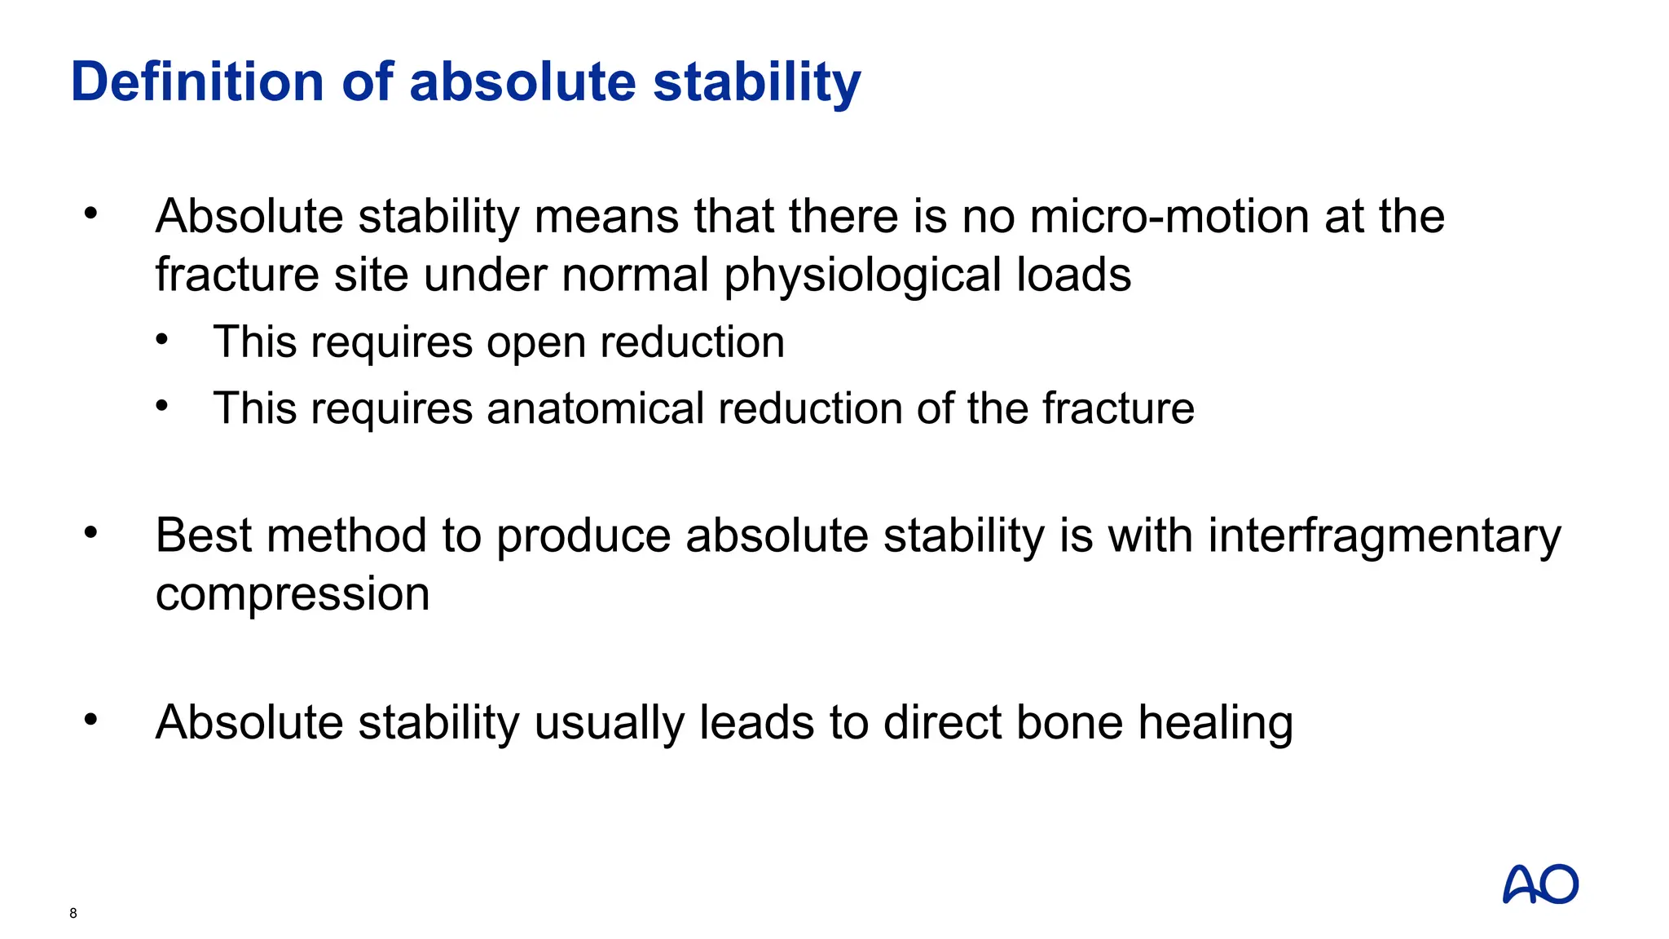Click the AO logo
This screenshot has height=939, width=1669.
click(1540, 884)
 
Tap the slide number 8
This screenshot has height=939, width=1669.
click(73, 913)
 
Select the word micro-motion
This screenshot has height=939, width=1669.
click(1169, 217)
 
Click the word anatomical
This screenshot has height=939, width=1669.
click(595, 408)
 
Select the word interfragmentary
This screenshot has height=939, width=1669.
click(1384, 537)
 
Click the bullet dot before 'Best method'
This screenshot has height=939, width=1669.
click(90, 533)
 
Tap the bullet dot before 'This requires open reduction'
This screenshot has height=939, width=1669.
click(162, 338)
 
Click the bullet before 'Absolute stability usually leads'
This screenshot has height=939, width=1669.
click(90, 720)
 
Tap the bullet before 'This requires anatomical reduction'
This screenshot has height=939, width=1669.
click(162, 405)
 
